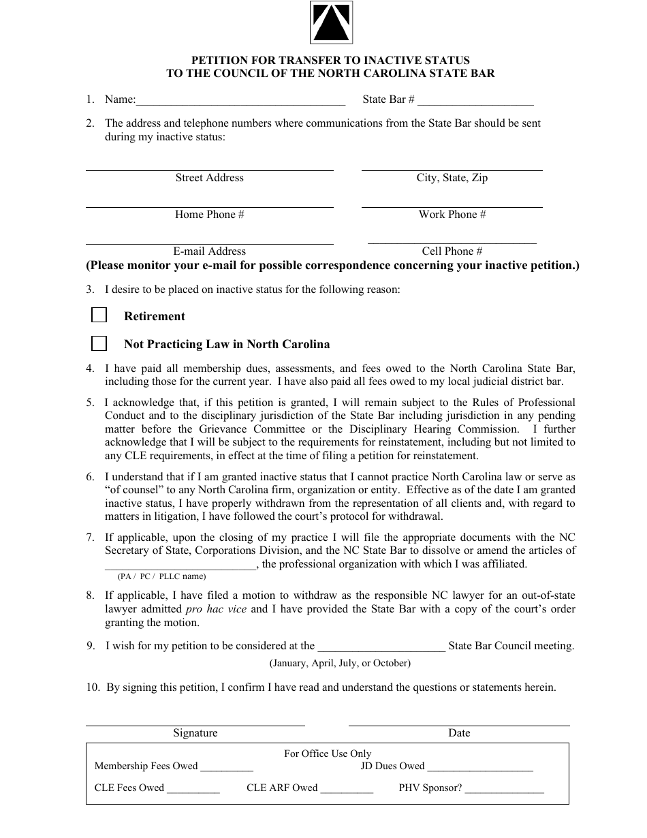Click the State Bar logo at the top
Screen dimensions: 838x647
coord(331,22)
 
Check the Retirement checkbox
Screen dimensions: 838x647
coord(99,315)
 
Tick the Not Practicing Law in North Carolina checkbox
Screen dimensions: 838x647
coord(99,343)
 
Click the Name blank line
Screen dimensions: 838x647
coord(240,101)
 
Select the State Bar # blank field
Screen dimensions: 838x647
coord(475,101)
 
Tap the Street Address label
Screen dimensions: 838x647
coord(209,178)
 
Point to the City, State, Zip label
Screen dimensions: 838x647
coord(452,178)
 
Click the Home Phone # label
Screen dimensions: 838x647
coord(209,215)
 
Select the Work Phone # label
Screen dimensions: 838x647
coord(452,215)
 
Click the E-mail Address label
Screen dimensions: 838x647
coord(209,251)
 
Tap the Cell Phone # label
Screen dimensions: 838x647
coord(452,251)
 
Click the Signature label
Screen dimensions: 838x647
coord(195,733)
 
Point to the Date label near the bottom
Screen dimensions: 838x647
coord(459,733)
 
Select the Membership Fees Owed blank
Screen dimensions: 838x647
coord(227,767)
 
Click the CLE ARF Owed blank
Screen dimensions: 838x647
coord(347,789)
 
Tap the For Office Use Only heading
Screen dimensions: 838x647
coord(328,754)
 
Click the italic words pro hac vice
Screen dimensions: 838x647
coord(216,609)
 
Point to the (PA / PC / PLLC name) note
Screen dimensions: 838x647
coord(161,576)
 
